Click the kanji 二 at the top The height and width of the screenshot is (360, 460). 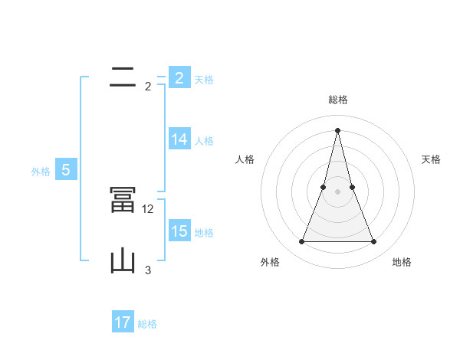123,77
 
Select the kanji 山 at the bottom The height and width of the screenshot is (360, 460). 123,260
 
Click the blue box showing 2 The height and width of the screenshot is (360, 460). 179,78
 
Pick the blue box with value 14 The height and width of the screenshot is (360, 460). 179,139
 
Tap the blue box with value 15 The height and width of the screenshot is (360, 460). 179,231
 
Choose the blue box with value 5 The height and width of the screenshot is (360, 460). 66,170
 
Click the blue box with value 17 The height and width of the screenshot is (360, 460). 123,322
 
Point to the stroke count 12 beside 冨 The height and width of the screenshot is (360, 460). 149,208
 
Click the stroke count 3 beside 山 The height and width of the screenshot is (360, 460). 148,270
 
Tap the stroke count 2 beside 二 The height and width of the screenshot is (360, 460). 148,86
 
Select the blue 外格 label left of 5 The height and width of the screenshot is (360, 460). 41,172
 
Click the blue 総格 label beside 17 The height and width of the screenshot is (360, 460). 147,324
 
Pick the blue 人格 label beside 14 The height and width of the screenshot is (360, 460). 204,141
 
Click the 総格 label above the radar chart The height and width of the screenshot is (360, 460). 337,100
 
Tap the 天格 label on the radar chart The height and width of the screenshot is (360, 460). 431,159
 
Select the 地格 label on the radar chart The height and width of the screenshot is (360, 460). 402,262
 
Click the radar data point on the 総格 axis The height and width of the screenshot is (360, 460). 337,129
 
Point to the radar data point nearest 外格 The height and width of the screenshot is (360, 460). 301,242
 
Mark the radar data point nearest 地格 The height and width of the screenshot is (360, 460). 373,242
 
